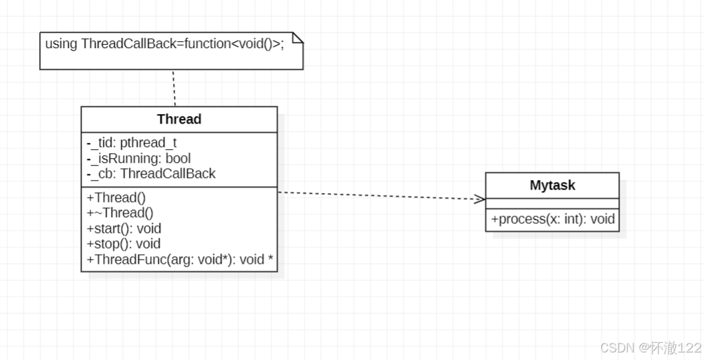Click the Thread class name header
pos(179,119)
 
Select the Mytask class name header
pos(552,185)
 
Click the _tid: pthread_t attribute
pos(132,143)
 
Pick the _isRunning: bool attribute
pos(139,158)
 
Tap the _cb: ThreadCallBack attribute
pos(151,173)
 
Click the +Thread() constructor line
pos(116,198)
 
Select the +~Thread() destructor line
pos(120,213)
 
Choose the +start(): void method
pos(124,228)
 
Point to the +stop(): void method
pos(124,244)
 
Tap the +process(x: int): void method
pos(553,220)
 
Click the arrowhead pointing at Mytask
pos(480,199)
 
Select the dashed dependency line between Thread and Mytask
pos(378,196)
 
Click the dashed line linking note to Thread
pos(174,88)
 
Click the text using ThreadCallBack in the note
pos(104,44)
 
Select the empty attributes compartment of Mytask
pos(552,203)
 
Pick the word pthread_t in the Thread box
pos(148,143)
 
